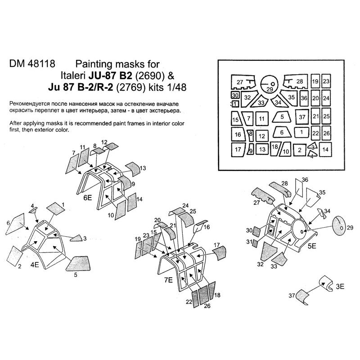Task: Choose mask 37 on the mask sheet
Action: [302, 118]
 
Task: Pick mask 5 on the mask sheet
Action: [282, 117]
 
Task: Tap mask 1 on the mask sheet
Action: [301, 132]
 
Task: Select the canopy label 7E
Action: [168, 280]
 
